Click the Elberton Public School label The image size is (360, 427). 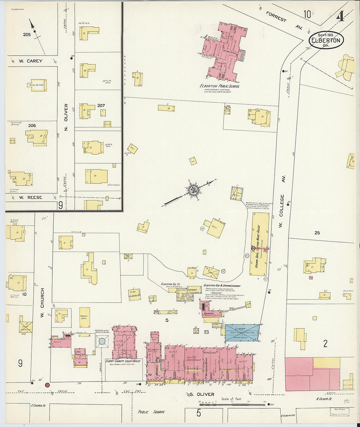(x=220, y=86)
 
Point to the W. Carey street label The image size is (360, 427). (x=30, y=61)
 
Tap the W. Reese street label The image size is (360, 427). (x=30, y=197)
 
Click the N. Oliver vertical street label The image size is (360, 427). (x=66, y=117)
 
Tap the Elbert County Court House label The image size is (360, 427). (x=123, y=361)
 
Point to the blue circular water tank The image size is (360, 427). (x=102, y=342)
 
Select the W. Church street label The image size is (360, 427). (x=42, y=303)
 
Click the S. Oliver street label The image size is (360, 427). (x=202, y=394)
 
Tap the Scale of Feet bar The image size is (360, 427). (x=232, y=404)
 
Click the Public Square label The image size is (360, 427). (x=151, y=412)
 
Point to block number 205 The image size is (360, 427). (x=27, y=34)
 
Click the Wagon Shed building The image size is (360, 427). (x=85, y=317)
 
